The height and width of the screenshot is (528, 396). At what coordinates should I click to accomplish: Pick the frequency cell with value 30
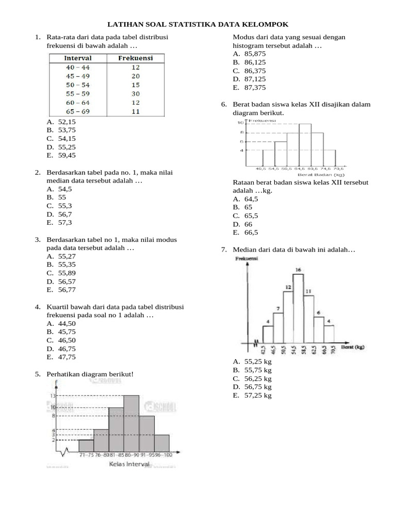pos(136,93)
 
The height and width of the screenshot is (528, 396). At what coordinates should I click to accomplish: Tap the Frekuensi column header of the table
pos(136,58)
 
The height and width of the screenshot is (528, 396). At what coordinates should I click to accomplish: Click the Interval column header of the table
pos(77,58)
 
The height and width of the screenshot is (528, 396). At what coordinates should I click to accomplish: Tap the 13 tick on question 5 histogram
pos(53,395)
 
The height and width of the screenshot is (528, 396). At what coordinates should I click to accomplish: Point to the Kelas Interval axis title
pos(129,464)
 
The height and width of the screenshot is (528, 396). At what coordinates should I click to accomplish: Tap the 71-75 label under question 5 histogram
pos(86,455)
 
